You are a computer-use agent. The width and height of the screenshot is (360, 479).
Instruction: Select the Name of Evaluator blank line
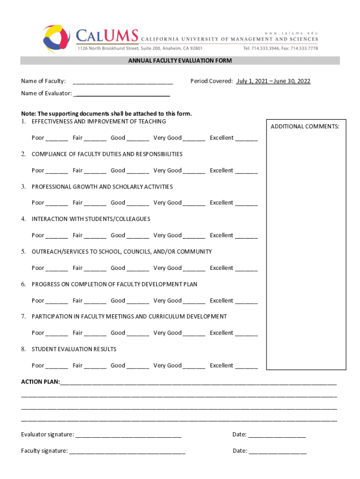[122, 94]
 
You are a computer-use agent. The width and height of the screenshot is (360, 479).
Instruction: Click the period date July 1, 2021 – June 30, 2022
[273, 81]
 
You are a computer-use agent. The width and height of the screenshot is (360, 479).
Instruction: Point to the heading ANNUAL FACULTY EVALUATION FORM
[180, 61]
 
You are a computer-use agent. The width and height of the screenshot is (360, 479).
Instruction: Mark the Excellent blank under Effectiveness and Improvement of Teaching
[246, 139]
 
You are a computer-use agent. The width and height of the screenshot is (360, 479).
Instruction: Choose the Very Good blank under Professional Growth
[194, 204]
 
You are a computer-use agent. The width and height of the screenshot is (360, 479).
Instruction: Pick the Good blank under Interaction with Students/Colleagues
[138, 237]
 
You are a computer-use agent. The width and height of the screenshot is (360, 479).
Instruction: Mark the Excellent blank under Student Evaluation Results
[246, 367]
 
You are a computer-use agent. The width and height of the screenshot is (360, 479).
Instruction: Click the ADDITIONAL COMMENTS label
[305, 127]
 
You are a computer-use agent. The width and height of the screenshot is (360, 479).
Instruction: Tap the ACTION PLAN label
[40, 382]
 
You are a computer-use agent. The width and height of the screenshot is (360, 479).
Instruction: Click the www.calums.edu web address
[291, 33]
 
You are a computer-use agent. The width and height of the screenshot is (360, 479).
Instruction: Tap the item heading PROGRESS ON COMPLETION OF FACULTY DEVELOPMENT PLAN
[115, 284]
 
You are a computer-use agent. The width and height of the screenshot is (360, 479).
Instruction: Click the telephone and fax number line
[280, 48]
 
